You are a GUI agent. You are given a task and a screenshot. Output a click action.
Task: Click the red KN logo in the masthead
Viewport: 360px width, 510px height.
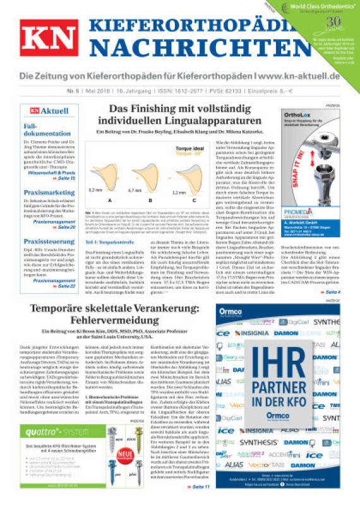coord(49,42)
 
